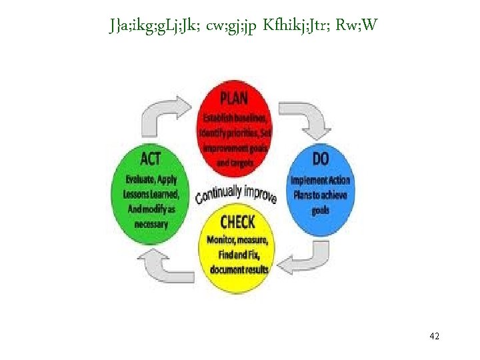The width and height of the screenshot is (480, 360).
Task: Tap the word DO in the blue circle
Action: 321,161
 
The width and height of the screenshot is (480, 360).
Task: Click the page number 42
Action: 434,336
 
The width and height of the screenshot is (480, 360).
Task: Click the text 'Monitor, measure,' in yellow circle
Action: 238,239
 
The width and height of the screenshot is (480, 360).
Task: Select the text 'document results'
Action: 239,269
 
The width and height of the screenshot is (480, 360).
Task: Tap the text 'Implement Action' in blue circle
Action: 320,180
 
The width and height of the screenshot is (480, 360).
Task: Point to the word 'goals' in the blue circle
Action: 320,211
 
